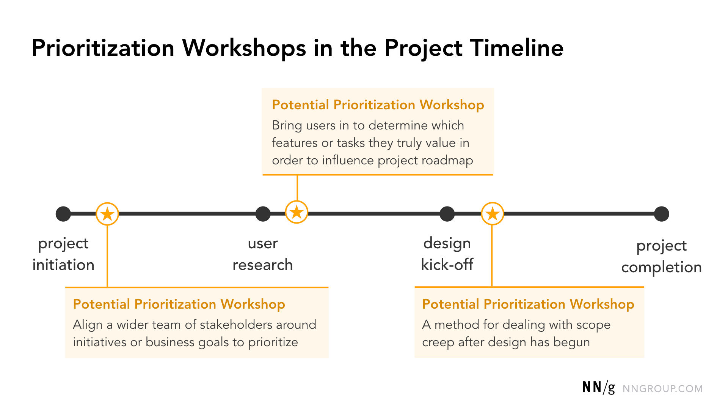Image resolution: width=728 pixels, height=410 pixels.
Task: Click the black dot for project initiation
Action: [x=63, y=214]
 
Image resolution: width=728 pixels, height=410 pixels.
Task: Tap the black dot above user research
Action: [x=263, y=214]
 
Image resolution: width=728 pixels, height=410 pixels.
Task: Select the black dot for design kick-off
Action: [x=447, y=214]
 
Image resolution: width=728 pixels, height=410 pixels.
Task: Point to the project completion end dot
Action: [x=662, y=214]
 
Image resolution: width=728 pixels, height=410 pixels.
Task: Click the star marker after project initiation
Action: [x=107, y=214]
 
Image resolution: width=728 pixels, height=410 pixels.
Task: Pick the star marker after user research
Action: [x=297, y=212]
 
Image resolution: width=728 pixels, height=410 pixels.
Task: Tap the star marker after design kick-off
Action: [x=492, y=214]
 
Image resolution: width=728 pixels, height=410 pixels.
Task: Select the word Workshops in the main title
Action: [x=244, y=48]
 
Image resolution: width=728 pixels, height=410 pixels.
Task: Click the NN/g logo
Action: [x=598, y=387]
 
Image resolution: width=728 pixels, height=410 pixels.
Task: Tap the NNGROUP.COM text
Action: [x=662, y=389]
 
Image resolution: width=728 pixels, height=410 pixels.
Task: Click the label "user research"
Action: [x=262, y=254]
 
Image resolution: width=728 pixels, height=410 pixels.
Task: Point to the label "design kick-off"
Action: [x=447, y=254]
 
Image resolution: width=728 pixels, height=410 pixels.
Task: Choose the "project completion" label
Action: [x=661, y=256]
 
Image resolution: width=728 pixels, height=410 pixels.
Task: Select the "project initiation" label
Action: [x=63, y=254]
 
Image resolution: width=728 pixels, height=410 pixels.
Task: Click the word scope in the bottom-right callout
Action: [x=593, y=325]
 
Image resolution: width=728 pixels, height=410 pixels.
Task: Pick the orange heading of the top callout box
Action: [x=378, y=105]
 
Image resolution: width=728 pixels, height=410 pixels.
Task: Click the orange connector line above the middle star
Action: [x=297, y=188]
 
